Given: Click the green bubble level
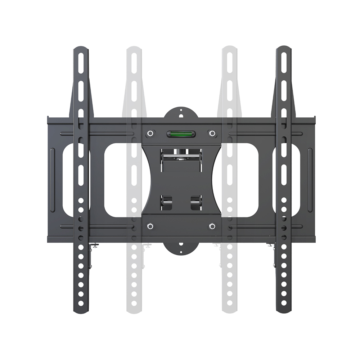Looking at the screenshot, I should [181, 134].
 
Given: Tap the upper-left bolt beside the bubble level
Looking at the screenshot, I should [150, 134].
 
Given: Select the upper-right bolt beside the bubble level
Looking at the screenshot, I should [212, 134].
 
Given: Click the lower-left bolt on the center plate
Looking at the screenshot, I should [150, 226].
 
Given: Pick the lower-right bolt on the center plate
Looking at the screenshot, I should [212, 226].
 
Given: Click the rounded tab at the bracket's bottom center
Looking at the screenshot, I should [181, 248].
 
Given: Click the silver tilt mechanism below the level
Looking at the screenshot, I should [181, 155].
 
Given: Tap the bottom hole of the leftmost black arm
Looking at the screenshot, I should [81, 303].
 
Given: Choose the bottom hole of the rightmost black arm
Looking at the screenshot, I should [284, 303].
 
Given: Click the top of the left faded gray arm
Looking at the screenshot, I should [134, 50].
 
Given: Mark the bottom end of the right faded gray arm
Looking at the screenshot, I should [229, 310].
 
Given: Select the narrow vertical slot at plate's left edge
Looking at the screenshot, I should [53, 180].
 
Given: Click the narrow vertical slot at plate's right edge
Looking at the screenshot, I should [310, 180].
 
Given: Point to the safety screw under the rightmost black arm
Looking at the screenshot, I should [269, 246].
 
